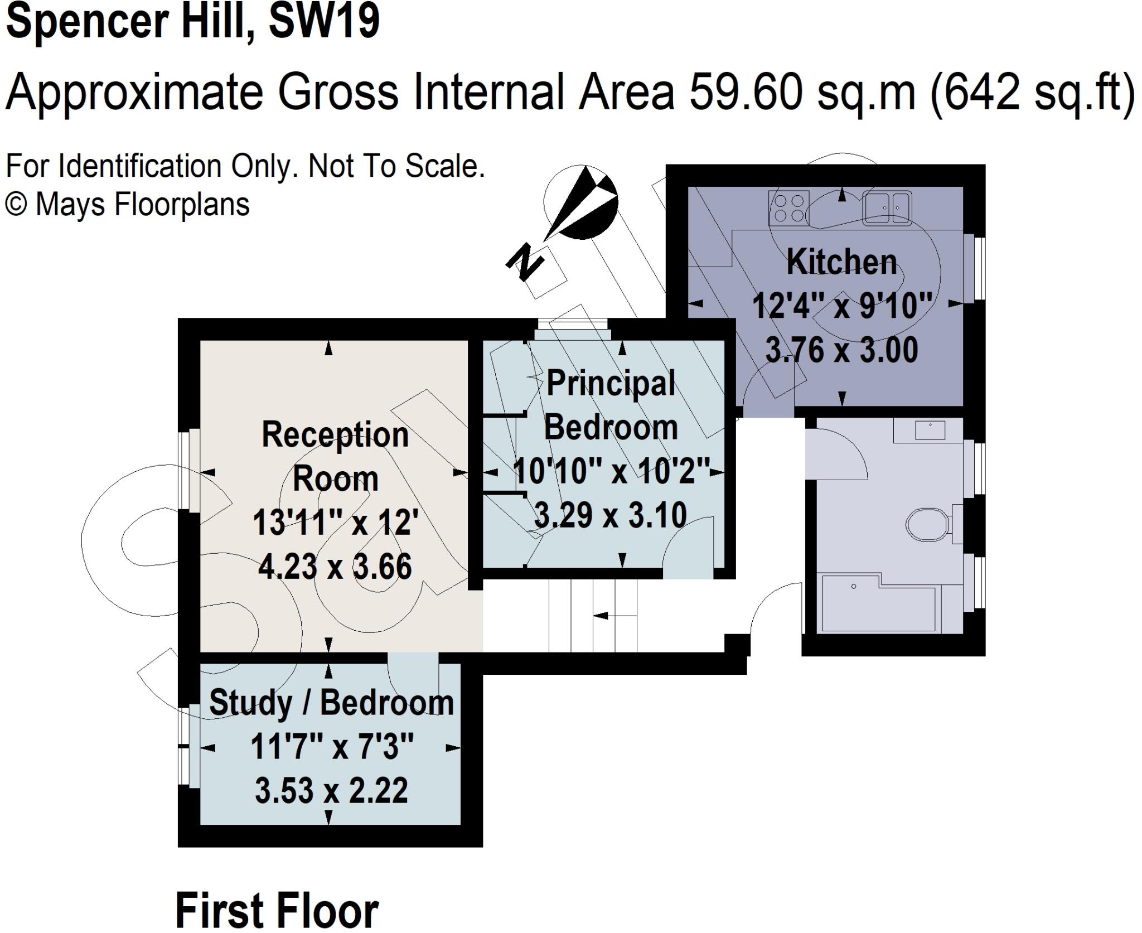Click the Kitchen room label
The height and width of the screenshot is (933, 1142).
pos(841,262)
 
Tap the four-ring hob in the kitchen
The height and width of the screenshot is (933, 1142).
pos(788,208)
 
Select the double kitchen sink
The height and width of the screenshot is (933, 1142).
pos(887,208)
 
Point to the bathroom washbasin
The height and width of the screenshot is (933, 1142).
pos(930,430)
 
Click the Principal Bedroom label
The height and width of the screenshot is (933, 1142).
pos(611,405)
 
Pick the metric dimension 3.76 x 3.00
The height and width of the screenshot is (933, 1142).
pos(841,351)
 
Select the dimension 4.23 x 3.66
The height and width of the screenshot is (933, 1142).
pos(335,567)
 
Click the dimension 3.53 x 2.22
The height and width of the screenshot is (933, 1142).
pos(331,790)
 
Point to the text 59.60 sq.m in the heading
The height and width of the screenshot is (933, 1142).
pos(802,92)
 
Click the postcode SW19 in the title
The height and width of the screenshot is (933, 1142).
pos(323,21)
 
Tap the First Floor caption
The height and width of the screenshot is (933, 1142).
pos(277,911)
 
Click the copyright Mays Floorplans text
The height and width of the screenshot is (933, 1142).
pos(127,205)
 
